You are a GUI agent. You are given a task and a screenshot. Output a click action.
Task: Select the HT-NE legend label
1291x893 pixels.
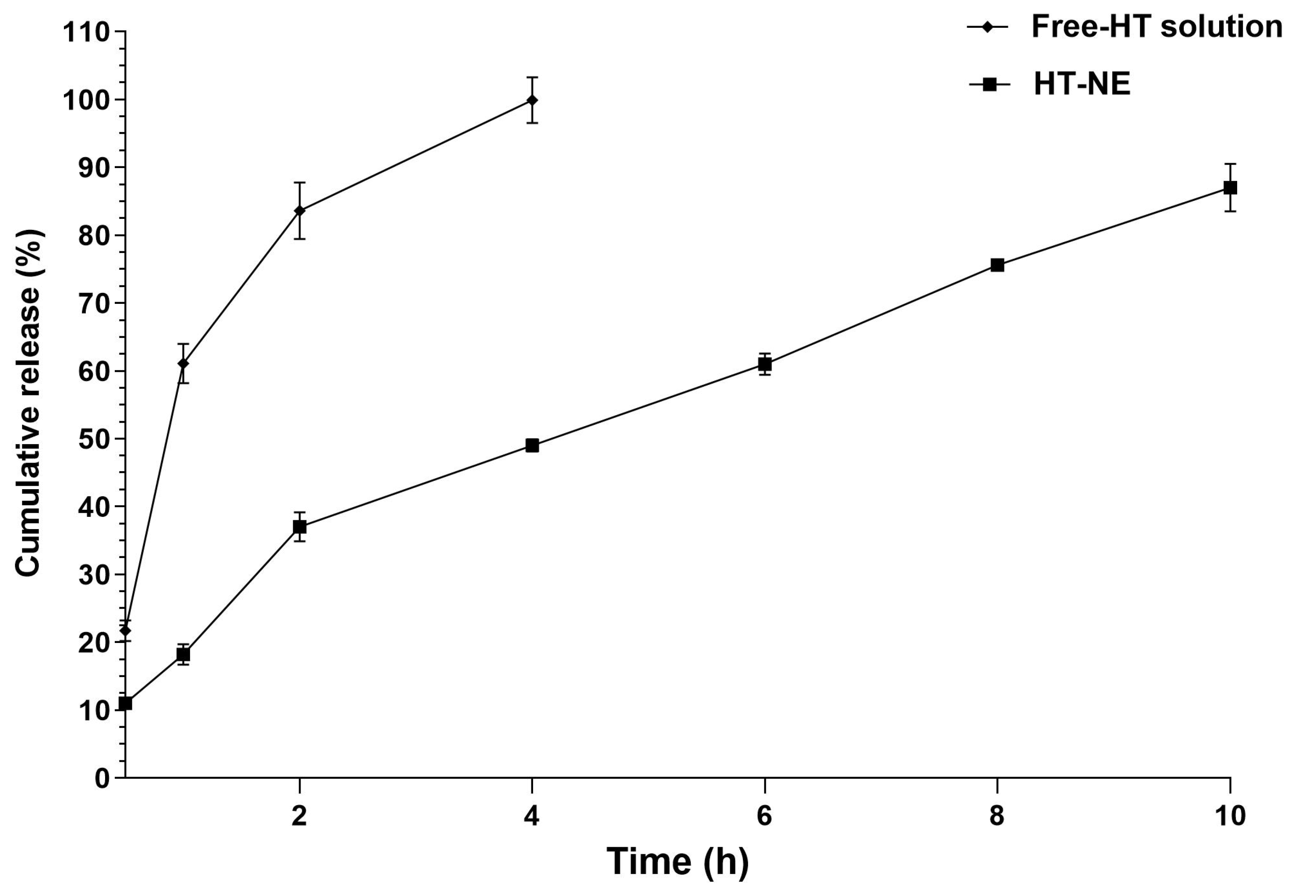pos(1082,84)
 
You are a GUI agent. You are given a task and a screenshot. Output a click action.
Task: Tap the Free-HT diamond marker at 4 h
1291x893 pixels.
pos(532,100)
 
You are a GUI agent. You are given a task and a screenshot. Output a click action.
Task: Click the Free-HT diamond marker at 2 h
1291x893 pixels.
pos(299,211)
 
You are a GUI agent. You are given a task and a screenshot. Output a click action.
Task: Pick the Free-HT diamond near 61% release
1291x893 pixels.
pos(183,364)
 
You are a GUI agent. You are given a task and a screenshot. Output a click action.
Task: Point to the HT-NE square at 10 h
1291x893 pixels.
pos(1230,187)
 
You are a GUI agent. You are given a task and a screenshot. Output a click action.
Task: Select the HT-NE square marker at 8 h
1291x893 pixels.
pos(997,265)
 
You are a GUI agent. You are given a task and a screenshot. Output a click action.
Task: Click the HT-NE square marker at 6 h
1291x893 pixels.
pos(764,364)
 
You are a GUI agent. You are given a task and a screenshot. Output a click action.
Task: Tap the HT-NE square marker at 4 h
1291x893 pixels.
pos(532,445)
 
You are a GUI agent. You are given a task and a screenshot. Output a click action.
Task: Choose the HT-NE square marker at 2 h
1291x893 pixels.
pos(299,527)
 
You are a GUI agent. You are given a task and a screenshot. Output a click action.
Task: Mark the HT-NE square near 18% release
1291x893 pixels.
pos(183,654)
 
